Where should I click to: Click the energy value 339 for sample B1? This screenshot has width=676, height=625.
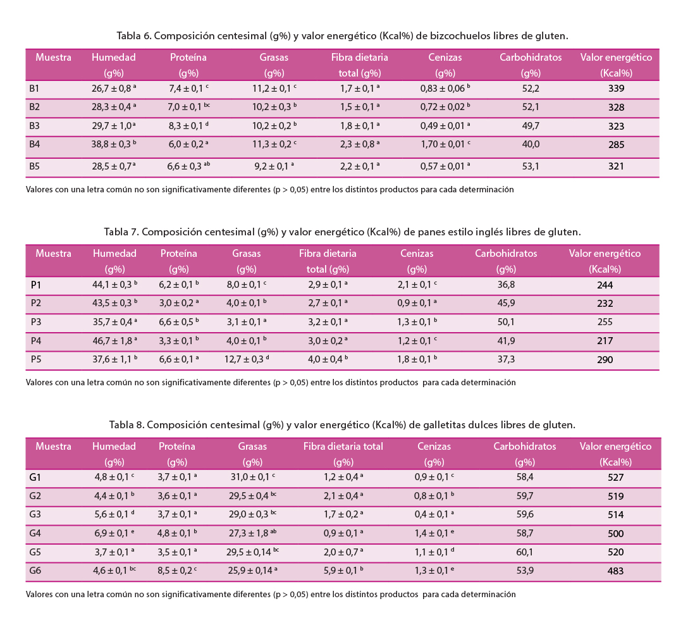616,89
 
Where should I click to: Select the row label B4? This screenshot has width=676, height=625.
35,144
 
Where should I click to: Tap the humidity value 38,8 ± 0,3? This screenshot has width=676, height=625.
112,144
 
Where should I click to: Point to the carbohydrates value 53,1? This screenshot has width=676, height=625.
531,166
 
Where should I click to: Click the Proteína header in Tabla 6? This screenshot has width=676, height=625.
188,58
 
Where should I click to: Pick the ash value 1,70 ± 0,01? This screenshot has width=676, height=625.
443,144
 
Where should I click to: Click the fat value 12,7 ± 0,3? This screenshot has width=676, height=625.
244,360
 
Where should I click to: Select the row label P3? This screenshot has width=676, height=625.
36,322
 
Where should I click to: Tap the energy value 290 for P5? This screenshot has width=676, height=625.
605,360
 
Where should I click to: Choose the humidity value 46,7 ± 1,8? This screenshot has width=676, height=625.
113,341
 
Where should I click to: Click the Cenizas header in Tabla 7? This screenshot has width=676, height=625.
417,254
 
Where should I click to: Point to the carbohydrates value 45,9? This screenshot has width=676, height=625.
506,304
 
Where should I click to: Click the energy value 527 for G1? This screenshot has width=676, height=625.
615,478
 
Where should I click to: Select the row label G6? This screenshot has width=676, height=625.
35,571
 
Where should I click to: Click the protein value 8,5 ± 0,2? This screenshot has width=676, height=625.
175,571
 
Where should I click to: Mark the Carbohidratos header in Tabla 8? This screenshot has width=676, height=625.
525,447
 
